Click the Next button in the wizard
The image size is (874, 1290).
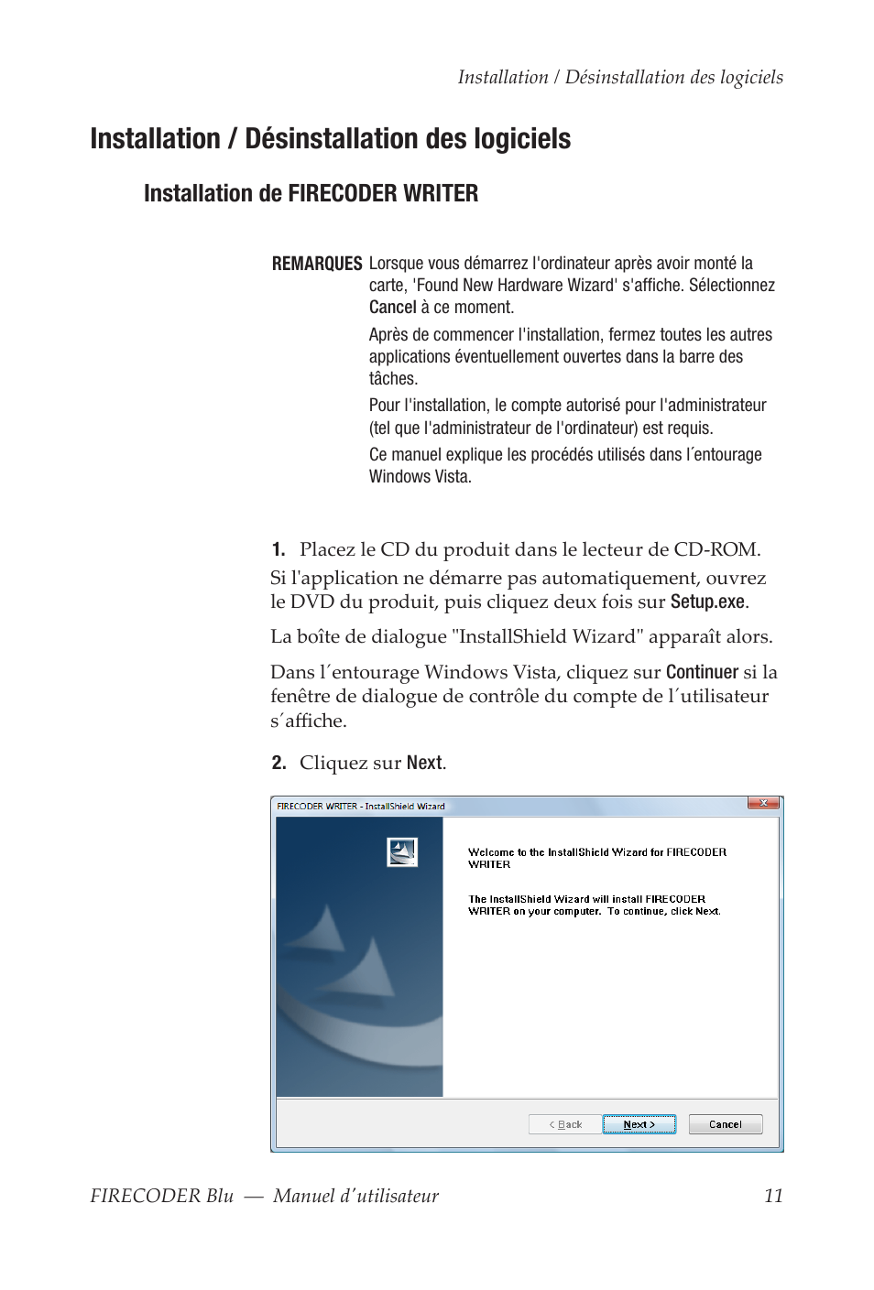coord(639,1124)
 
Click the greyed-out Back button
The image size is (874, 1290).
coord(565,1124)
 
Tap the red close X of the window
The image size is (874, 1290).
coord(763,803)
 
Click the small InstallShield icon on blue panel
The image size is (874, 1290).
coord(402,852)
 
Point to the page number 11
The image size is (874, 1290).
coord(773,1196)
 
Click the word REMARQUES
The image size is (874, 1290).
coord(317,264)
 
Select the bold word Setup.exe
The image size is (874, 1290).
coord(707,602)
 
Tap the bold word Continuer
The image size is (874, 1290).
coord(702,672)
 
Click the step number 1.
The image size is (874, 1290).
coord(278,549)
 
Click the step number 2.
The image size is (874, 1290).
coord(279,763)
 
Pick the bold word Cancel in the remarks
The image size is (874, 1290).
coord(392,308)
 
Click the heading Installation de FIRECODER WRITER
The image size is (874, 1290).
coord(311,193)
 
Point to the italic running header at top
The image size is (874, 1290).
coord(620,77)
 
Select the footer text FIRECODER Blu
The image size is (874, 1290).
coord(161,1196)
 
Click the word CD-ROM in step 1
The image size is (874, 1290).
coord(716,549)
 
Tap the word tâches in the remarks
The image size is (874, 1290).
coord(392,379)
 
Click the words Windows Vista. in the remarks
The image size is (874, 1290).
coord(420,477)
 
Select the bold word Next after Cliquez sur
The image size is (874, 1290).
coord(424,763)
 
